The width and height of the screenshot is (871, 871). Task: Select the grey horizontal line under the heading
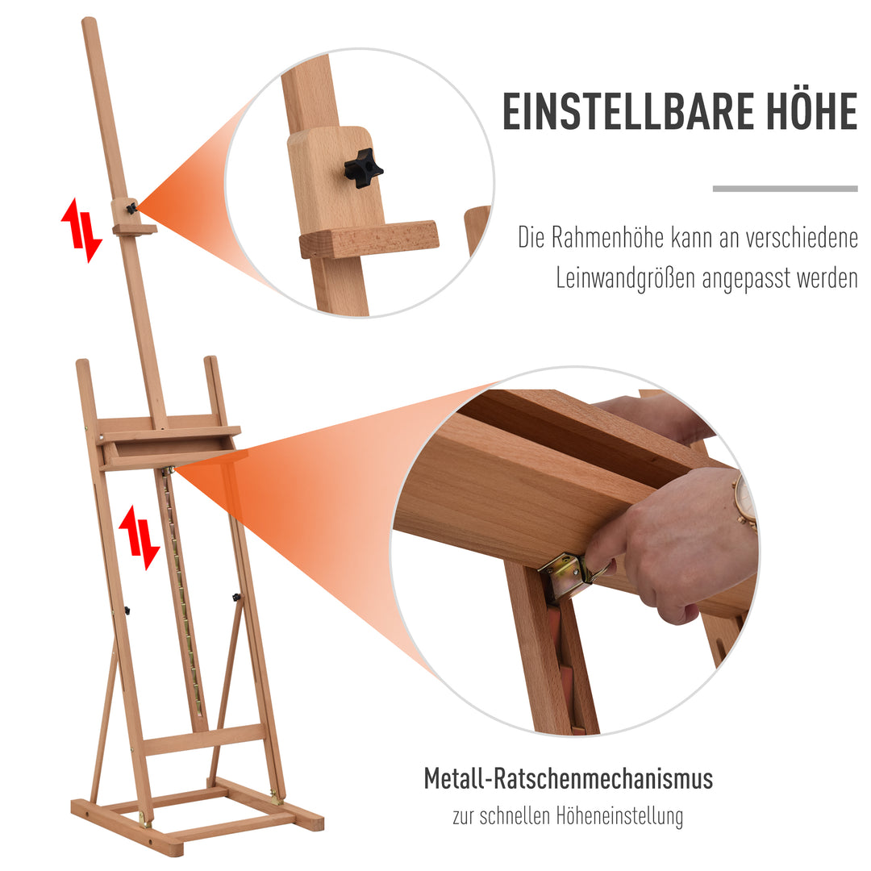785,189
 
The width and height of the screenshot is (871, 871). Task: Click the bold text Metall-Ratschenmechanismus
569,779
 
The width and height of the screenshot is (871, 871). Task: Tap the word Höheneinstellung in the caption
619,815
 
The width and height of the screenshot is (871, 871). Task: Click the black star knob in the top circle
363,167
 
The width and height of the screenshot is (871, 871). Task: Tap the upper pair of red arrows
81,229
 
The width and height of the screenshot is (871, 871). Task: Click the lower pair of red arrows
139,537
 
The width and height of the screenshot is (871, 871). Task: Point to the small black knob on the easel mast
131,208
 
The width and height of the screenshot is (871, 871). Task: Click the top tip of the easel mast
89,23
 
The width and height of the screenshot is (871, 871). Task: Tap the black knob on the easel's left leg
127,609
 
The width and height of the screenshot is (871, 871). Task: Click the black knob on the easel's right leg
236,598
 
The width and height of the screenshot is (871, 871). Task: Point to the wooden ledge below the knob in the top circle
369,240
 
